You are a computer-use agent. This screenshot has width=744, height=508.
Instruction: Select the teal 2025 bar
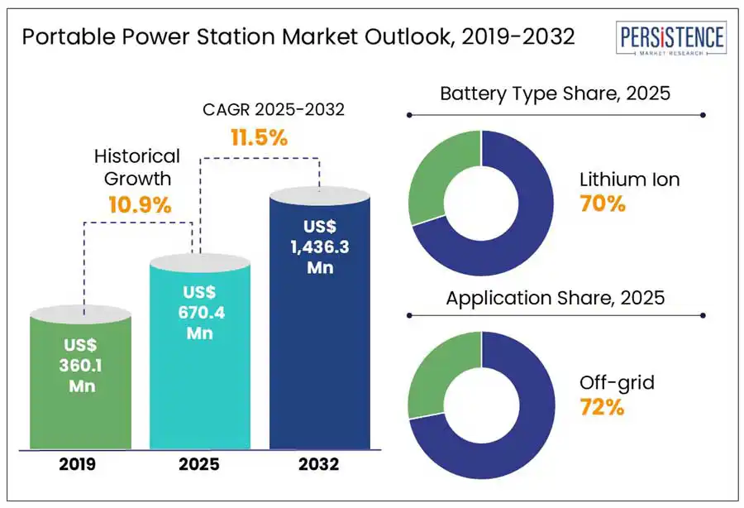(199, 356)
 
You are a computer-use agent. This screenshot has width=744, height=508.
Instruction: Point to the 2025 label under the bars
(199, 464)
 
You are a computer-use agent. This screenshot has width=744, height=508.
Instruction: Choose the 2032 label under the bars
(320, 464)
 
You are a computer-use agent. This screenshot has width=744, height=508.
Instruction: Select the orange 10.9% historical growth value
(140, 205)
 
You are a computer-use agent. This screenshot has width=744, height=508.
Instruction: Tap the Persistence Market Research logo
(671, 40)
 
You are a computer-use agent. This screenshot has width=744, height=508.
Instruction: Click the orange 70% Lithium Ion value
(603, 204)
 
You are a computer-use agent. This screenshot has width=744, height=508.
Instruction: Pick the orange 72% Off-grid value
(602, 408)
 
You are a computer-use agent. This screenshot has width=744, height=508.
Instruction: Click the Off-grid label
(617, 382)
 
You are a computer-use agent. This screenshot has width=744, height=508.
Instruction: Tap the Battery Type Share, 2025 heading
(555, 93)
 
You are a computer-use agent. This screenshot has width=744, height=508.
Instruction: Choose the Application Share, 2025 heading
(555, 298)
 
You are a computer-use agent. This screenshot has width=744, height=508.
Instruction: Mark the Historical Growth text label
(136, 166)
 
